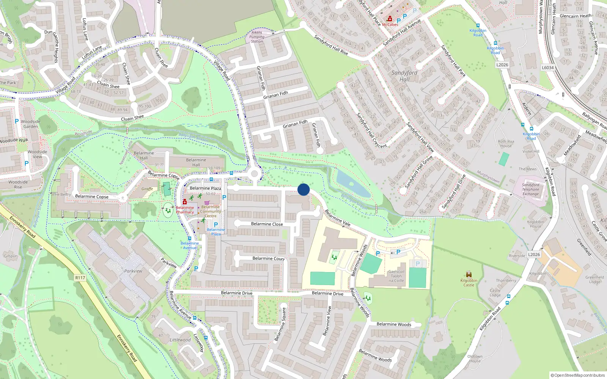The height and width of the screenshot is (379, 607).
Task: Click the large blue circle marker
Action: [x=303, y=189]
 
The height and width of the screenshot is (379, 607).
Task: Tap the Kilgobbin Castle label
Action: [x=469, y=283]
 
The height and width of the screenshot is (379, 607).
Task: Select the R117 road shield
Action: [x=80, y=278]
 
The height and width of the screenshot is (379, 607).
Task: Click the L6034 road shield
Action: [x=547, y=67]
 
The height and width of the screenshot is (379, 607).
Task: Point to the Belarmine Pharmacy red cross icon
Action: [x=185, y=202]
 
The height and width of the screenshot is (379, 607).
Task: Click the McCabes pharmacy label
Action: [x=390, y=25]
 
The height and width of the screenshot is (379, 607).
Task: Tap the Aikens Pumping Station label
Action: [x=257, y=37]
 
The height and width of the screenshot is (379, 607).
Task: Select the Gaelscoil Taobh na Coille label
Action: [x=396, y=276]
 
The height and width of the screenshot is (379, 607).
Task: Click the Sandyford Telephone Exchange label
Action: [x=530, y=189]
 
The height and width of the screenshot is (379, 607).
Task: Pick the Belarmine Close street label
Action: [x=267, y=224]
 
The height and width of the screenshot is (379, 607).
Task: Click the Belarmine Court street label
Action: [x=269, y=258]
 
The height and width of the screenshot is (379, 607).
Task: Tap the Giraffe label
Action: [x=147, y=189]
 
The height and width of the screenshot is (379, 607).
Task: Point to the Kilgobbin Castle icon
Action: [x=469, y=274]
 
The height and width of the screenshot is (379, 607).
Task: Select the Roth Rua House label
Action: [x=506, y=144]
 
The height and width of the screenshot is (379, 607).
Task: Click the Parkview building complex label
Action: [x=133, y=271]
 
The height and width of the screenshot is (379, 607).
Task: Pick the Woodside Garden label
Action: [x=30, y=124]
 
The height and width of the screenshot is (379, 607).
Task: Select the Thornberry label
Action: [x=506, y=280]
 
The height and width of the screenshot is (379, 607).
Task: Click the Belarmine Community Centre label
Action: [x=211, y=211]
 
